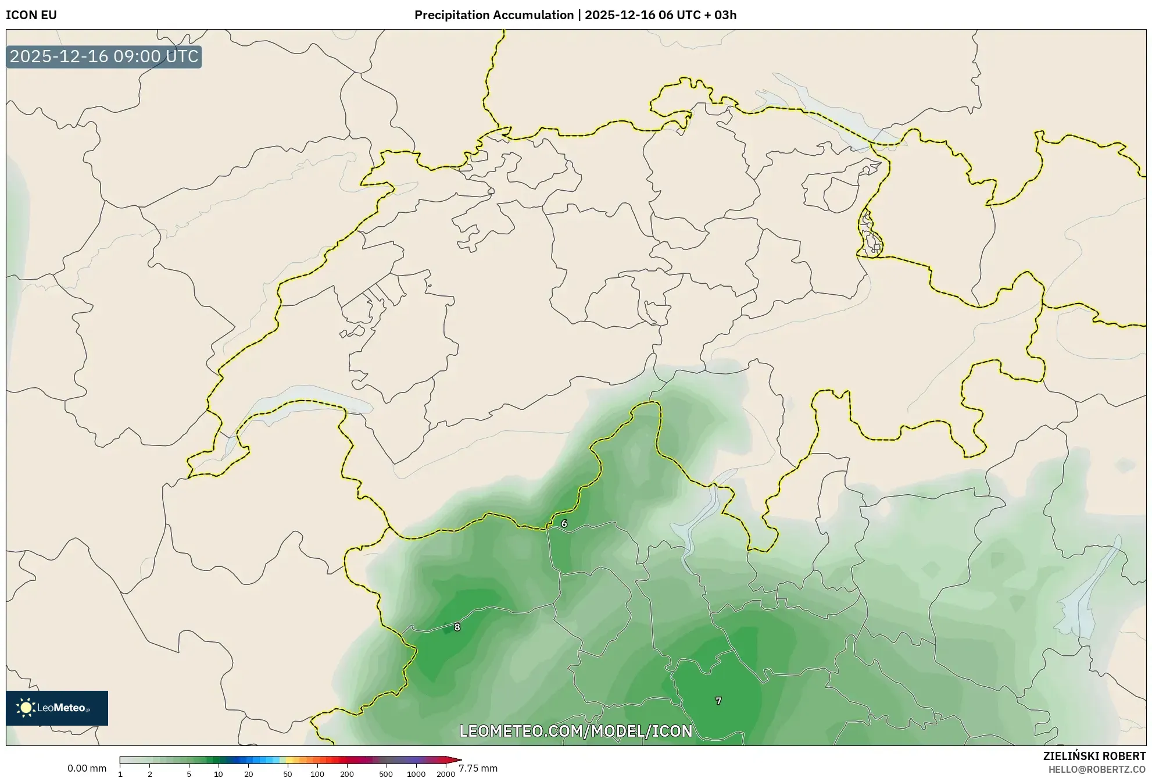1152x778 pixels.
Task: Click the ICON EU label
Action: [x=31, y=15]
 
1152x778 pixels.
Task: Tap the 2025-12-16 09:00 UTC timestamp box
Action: [x=104, y=56]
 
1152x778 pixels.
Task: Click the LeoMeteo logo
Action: [x=57, y=708]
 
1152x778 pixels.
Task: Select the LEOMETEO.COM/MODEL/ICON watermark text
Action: [x=575, y=731]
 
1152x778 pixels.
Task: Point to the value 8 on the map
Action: [x=457, y=627]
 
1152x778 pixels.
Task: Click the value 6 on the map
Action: [x=564, y=523]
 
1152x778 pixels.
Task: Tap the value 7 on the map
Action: [x=718, y=701]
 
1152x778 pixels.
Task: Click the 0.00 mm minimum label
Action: [x=87, y=768]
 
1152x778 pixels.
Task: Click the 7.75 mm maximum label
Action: [x=478, y=768]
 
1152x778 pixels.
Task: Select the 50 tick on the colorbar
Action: [x=287, y=773]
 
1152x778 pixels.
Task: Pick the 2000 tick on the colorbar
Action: [x=446, y=773]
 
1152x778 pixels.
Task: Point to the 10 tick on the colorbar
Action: [x=219, y=773]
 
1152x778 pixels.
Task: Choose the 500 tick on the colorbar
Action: [x=386, y=773]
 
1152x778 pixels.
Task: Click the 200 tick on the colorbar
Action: [x=347, y=773]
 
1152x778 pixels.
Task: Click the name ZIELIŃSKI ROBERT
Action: [x=1094, y=756]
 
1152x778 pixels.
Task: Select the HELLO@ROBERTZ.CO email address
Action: [x=1097, y=769]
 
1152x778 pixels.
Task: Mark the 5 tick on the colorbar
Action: [x=189, y=773]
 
